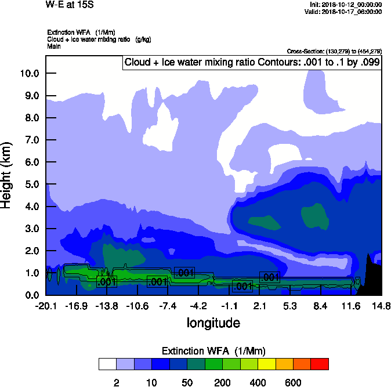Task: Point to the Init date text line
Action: tap(346, 5)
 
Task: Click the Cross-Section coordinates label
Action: tap(334, 51)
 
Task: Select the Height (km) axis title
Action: tap(8, 175)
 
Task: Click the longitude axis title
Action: tap(213, 322)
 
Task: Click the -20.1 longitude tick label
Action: tap(46, 306)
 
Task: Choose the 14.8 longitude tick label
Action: tap(381, 306)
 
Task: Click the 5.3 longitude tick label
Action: tap(290, 306)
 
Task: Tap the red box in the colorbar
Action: tap(320, 364)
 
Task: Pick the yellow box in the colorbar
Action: tap(267, 364)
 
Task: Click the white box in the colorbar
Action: tap(107, 364)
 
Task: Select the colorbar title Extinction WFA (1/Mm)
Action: tap(213, 350)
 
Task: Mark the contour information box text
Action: tap(252, 62)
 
